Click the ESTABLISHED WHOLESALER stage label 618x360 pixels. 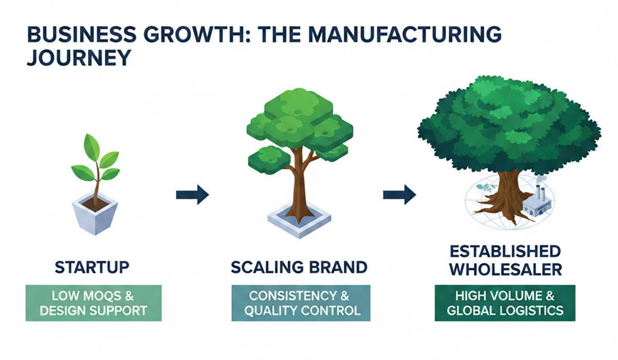[505, 260]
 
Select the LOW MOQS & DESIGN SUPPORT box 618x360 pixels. [93, 303]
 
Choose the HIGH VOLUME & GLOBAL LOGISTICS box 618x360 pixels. [505, 303]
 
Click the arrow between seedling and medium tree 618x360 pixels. [192, 195]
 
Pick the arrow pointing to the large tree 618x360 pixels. [399, 195]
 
